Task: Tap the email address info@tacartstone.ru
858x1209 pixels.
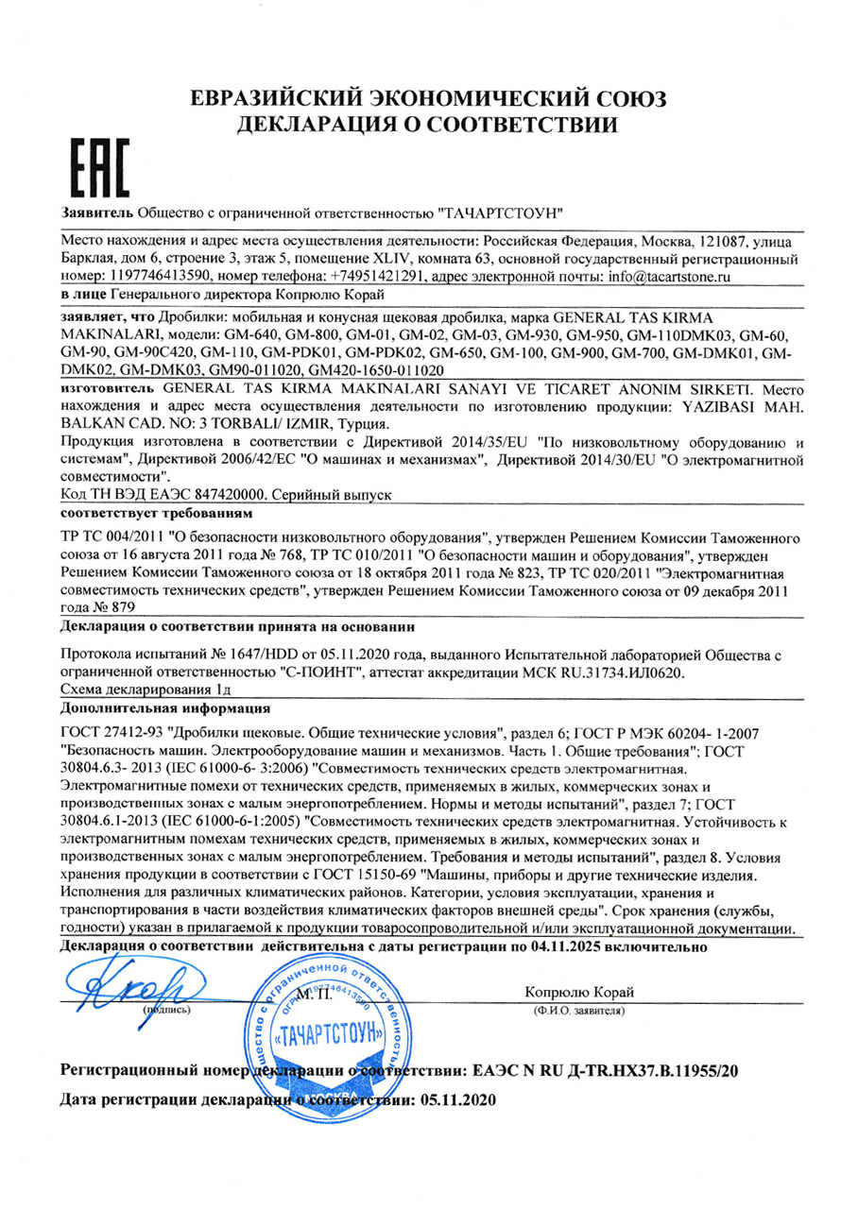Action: pyautogui.click(x=660, y=275)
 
